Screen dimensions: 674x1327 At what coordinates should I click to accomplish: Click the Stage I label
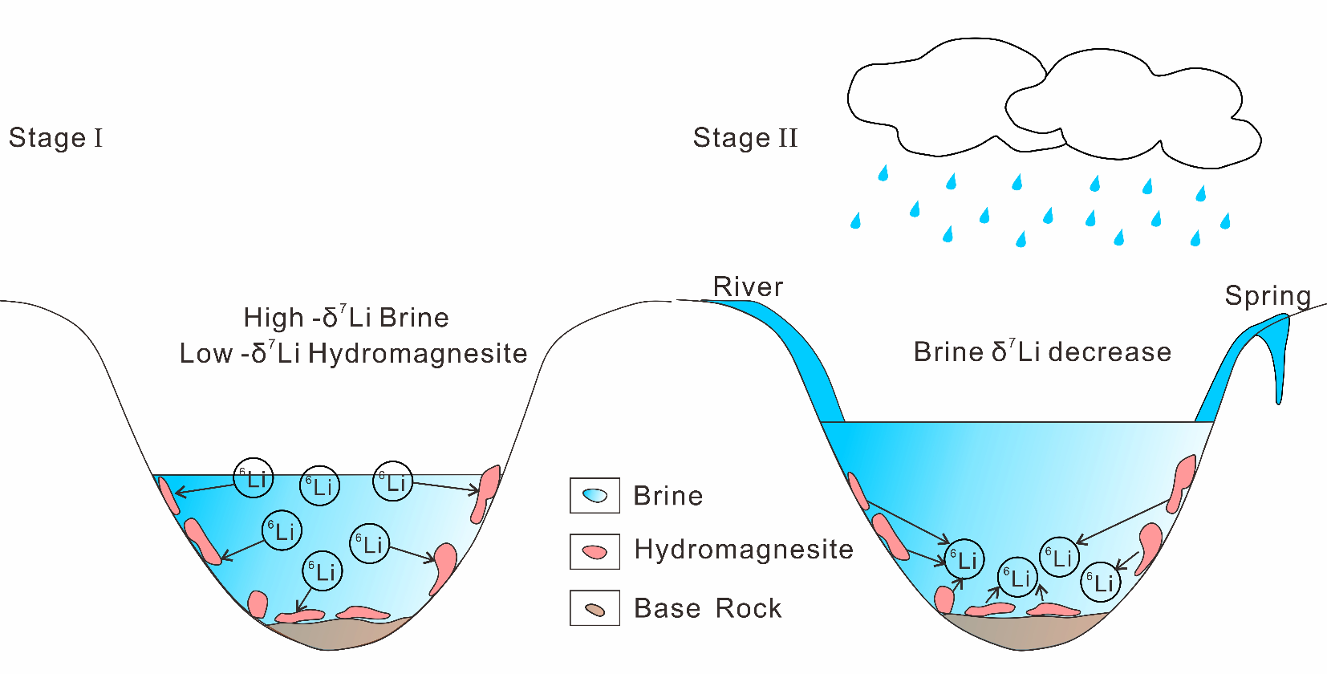55,138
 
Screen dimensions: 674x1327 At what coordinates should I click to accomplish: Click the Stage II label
745,138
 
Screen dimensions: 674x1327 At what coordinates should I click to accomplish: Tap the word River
748,287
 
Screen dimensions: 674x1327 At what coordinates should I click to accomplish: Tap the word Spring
1268,296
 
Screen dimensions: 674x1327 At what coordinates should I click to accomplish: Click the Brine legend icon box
595,496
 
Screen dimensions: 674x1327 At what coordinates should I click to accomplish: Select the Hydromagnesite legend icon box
595,552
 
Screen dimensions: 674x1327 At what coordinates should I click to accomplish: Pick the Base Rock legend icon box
595,608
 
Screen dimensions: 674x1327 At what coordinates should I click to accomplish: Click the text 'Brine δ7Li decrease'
1042,352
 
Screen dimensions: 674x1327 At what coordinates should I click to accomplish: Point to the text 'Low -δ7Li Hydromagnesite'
353,354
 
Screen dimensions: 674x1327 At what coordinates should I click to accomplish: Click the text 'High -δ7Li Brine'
346,318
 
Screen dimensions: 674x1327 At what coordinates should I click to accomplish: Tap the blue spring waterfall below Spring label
1281,361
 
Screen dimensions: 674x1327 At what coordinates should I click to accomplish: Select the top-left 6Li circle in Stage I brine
254,479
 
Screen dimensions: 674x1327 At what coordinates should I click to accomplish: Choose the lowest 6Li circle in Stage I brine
323,571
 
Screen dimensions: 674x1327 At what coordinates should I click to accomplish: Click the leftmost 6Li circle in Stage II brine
964,559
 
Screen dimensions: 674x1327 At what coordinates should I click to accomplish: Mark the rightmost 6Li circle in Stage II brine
1101,582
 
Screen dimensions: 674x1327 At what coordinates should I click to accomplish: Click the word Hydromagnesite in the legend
743,550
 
